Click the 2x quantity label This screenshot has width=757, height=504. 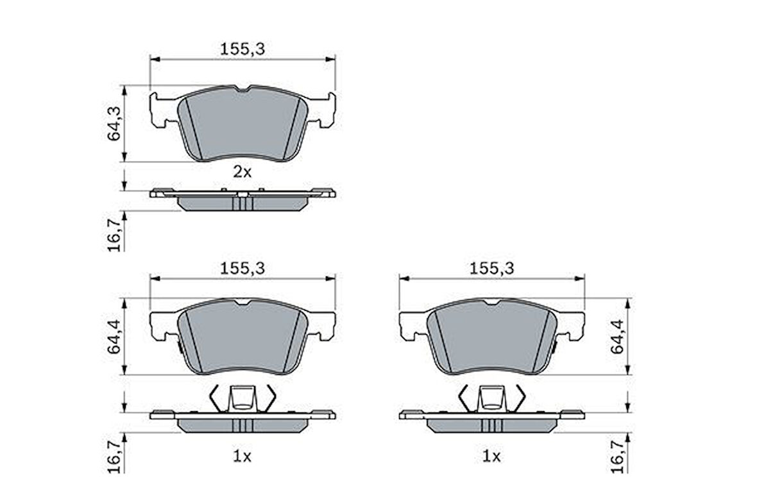[242, 171]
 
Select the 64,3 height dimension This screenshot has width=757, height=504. [115, 123]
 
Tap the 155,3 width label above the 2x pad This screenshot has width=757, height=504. [242, 48]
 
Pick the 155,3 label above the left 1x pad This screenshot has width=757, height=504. [242, 269]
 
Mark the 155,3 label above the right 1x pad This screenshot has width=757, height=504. [492, 269]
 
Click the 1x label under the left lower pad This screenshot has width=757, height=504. [242, 457]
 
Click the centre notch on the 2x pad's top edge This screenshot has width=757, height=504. [242, 88]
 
